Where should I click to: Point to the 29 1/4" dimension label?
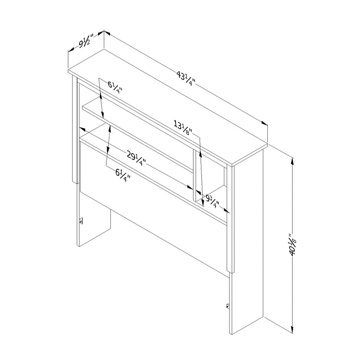point(136,159)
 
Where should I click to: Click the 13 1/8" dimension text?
point(183,128)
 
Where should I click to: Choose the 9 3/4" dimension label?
point(212,201)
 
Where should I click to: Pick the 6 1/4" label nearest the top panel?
point(115,87)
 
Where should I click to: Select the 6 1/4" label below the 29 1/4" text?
point(123,175)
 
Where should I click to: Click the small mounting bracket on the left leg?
point(81,221)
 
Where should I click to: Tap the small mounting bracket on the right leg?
point(228,306)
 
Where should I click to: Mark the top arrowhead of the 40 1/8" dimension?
point(292,161)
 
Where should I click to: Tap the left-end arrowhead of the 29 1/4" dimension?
point(82,129)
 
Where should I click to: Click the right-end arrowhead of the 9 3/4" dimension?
point(226,211)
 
